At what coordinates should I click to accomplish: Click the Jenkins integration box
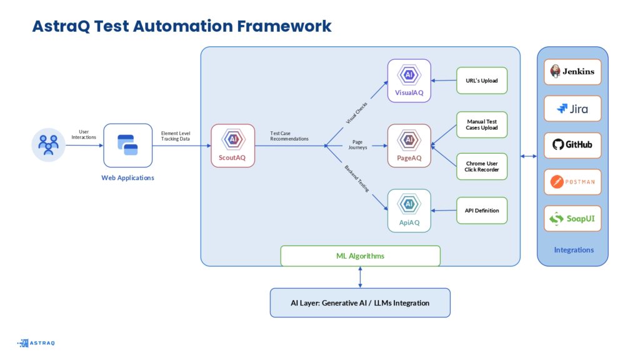[x=572, y=72]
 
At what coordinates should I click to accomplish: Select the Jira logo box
[x=572, y=109]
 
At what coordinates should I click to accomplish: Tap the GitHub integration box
[x=572, y=145]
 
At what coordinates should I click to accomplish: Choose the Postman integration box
[x=572, y=182]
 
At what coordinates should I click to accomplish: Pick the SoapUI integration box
[x=572, y=218]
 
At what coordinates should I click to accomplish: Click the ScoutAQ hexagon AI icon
[x=233, y=139]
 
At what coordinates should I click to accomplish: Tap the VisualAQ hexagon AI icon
[x=409, y=75]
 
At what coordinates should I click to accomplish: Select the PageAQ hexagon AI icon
[x=409, y=140]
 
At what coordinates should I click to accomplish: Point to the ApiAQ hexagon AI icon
[x=409, y=204]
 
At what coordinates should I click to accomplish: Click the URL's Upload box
[x=482, y=81]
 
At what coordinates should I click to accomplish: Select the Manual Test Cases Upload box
[x=482, y=124]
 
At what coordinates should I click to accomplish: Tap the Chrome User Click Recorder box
[x=482, y=166]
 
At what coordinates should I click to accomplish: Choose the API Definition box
[x=482, y=211]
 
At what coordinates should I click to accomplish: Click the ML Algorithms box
[x=361, y=256]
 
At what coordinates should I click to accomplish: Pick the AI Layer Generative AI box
[x=360, y=303]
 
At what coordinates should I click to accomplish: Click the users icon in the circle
[x=48, y=145]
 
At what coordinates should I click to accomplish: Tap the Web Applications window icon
[x=127, y=145]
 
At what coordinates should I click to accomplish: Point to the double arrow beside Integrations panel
[x=529, y=156]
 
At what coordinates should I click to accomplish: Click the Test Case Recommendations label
[x=289, y=136]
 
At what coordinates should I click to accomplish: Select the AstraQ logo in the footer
[x=36, y=343]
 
